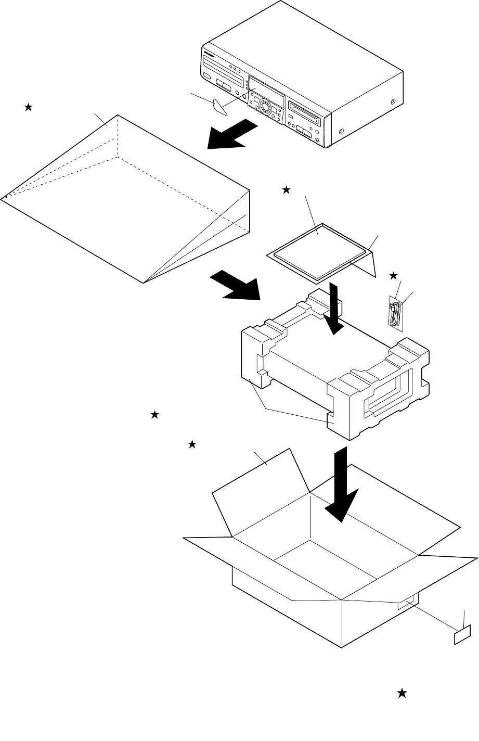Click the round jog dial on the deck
click(265, 108)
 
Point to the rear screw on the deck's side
click(392, 102)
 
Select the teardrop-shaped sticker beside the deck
click(221, 106)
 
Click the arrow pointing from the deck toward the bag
click(232, 135)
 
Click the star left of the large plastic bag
click(28, 107)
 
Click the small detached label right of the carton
click(463, 635)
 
